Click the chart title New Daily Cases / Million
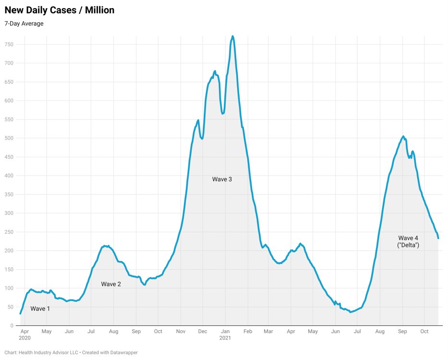point(60,10)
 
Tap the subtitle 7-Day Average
point(24,24)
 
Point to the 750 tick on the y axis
point(9,45)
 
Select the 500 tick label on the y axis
point(9,138)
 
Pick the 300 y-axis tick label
point(9,213)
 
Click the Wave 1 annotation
point(40,309)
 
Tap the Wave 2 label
point(111,284)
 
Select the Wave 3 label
point(222,179)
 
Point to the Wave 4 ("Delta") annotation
point(409,241)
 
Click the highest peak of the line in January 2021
point(232,36)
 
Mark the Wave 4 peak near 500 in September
point(403,136)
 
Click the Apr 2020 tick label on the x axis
point(24,331)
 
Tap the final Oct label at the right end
point(424,331)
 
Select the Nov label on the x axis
point(181,331)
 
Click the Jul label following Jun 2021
point(357,331)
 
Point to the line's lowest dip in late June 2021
point(351,312)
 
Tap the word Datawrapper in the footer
point(122,353)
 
